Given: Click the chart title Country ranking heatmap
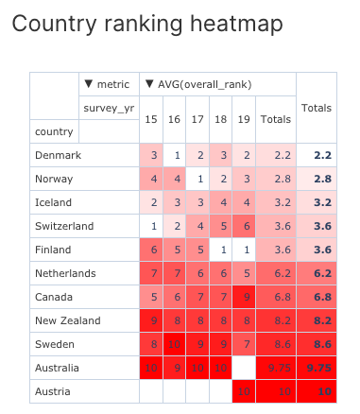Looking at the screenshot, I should point(147,26).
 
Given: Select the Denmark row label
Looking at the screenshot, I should point(58,155).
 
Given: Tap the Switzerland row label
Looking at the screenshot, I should point(63,226).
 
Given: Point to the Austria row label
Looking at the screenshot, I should point(53,391).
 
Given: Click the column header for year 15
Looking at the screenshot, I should point(151,120).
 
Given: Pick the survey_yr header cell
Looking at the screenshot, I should point(109,108).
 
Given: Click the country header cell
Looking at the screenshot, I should point(53,131).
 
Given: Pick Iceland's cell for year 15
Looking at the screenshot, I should point(151,202).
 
